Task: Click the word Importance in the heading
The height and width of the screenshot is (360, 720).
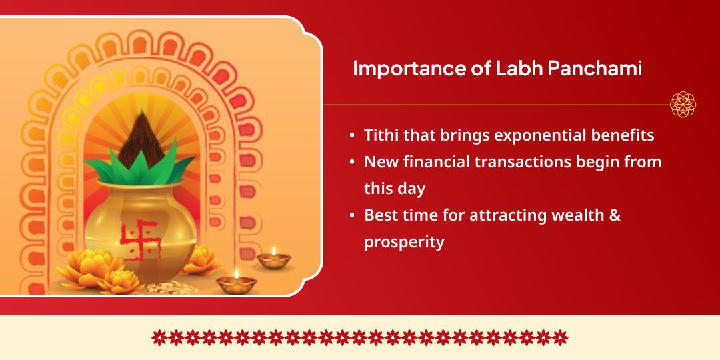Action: click(409, 69)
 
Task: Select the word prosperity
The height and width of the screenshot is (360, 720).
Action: click(404, 243)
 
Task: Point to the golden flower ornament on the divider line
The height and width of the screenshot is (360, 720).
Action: click(683, 104)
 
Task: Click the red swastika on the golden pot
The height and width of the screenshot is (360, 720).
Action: click(139, 239)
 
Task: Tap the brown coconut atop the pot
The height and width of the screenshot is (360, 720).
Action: click(141, 139)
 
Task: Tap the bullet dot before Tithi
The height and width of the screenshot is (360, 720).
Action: click(352, 136)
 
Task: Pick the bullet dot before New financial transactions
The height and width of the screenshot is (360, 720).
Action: click(352, 163)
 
